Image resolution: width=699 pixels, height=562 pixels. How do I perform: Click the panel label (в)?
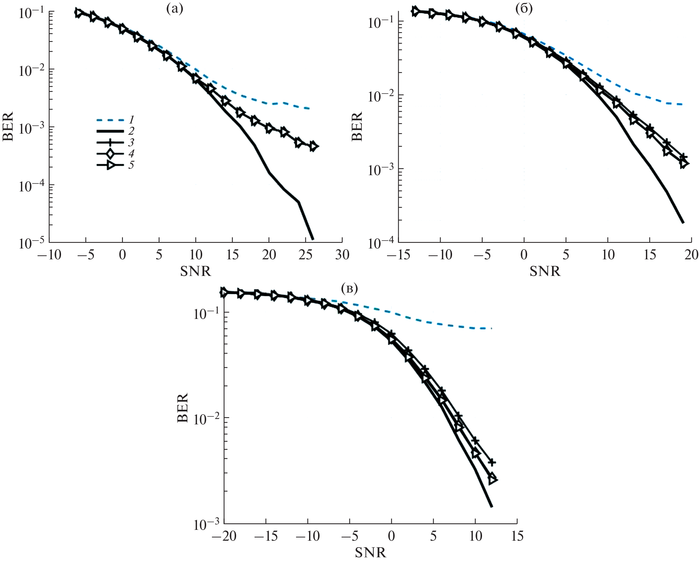(349, 289)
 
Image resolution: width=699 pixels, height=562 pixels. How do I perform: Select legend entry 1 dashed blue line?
(110, 120)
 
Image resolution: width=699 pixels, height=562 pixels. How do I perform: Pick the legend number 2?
(131, 131)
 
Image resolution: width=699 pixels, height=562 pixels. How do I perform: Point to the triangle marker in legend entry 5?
(111, 165)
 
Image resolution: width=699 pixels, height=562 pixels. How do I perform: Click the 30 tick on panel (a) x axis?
(342, 255)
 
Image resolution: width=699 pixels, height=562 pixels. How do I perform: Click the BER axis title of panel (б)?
(357, 126)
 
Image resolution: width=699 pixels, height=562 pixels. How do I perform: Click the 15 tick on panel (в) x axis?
(517, 536)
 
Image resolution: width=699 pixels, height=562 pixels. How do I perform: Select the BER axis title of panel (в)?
(183, 408)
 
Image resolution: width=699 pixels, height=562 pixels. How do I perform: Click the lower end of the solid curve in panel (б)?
(683, 222)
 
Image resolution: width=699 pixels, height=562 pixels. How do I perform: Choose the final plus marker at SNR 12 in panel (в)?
(492, 463)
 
